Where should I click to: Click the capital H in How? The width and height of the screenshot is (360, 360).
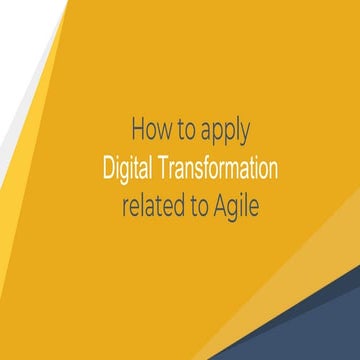137,129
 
